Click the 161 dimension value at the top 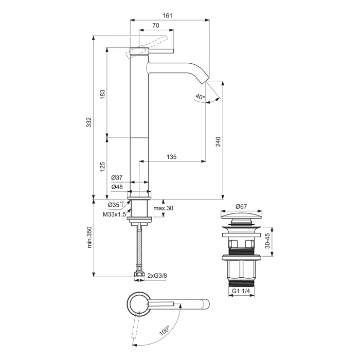(x=168, y=15)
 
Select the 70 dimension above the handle (x=155, y=26)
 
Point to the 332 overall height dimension (x=89, y=122)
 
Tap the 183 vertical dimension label (x=102, y=94)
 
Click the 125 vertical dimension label (x=102, y=167)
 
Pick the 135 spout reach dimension (x=172, y=157)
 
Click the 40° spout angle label (x=200, y=96)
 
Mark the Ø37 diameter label (x=117, y=178)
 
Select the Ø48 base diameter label (x=117, y=187)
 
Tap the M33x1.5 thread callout (x=114, y=214)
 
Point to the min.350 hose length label (x=89, y=237)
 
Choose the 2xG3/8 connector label (x=157, y=276)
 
